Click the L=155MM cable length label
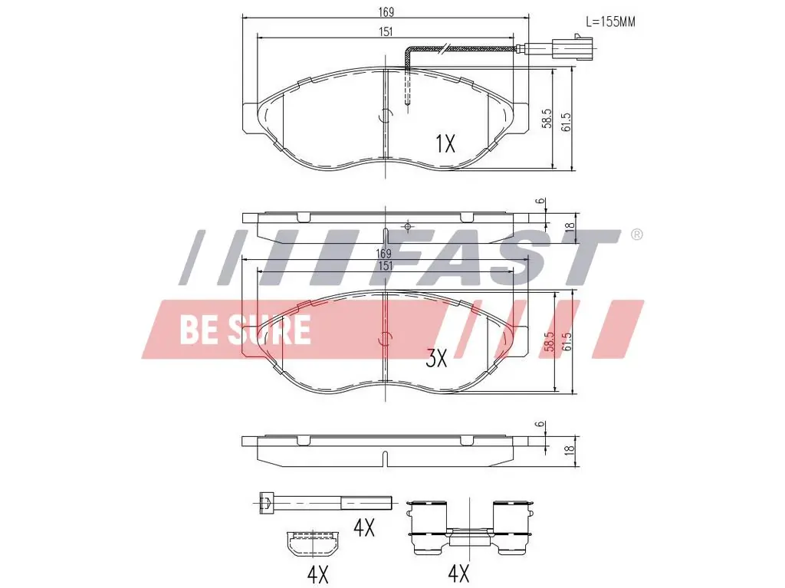[x=610, y=21]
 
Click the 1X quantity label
[x=445, y=144]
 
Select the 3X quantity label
[x=436, y=358]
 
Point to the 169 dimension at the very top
[x=386, y=11]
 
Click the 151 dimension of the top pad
[x=385, y=31]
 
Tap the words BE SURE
[x=245, y=330]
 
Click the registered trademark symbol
[x=636, y=235]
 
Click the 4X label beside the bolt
[x=364, y=527]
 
